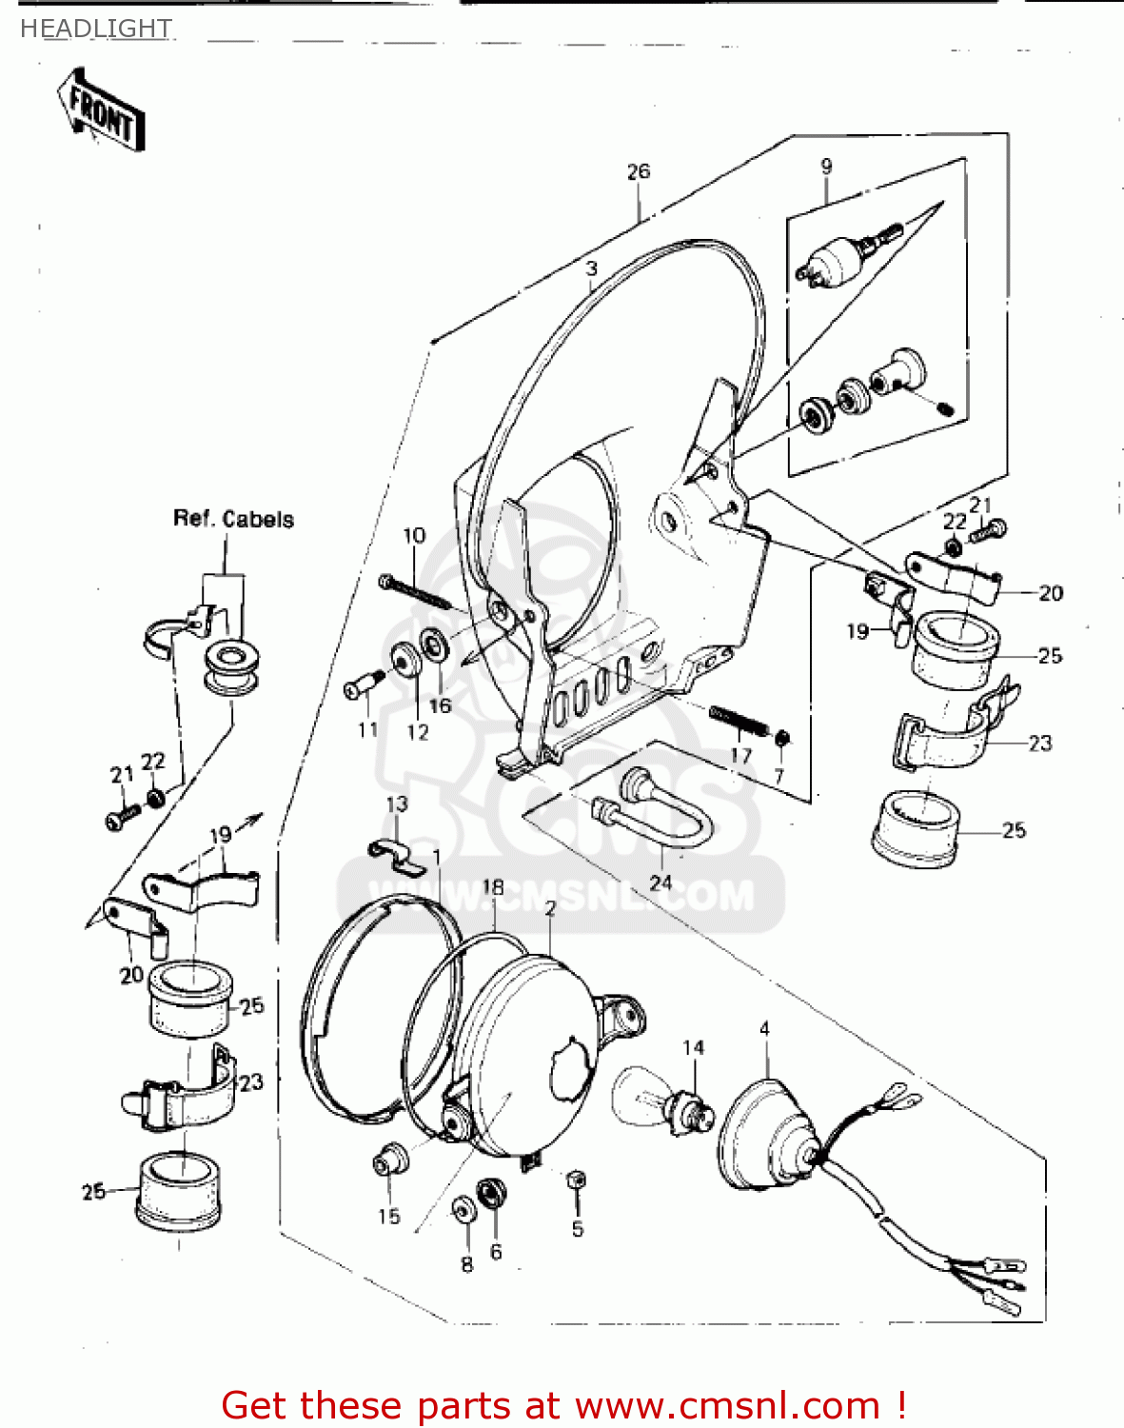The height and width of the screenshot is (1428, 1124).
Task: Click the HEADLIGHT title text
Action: pyautogui.click(x=95, y=29)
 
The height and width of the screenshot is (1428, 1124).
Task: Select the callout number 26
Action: pyautogui.click(x=638, y=171)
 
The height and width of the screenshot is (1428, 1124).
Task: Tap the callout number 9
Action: pyautogui.click(x=826, y=166)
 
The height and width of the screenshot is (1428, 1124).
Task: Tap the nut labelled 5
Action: pyautogui.click(x=575, y=1180)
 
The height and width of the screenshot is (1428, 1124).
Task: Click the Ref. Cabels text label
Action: pyautogui.click(x=233, y=519)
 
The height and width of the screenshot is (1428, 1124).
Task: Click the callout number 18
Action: pyautogui.click(x=493, y=887)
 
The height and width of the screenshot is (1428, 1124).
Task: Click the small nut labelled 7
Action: pyautogui.click(x=781, y=739)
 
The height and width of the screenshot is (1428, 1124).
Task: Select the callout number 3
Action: pyautogui.click(x=591, y=268)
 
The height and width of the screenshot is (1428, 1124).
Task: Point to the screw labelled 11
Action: pyautogui.click(x=361, y=685)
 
